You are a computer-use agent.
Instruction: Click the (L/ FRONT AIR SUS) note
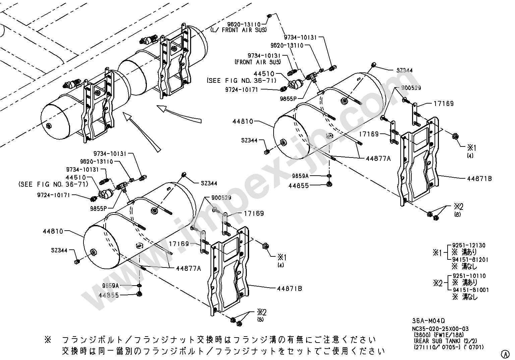pos(238,29)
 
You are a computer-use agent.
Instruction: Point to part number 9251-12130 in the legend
pos(469,246)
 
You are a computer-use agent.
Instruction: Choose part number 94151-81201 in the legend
pos(470,259)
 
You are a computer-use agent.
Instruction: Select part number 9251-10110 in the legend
pos(469,276)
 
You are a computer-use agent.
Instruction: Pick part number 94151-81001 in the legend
pos(470,290)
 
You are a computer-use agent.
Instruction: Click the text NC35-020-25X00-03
pos(440,329)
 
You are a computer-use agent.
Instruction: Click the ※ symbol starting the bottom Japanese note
pos(47,340)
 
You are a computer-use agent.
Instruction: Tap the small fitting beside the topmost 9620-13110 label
pos(269,16)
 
